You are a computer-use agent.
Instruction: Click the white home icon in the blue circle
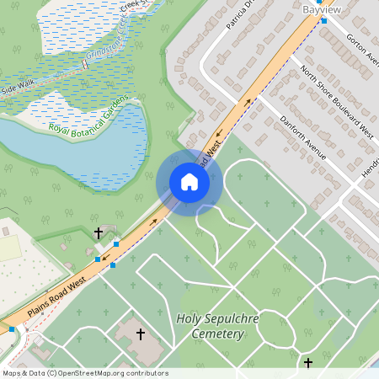point(189,182)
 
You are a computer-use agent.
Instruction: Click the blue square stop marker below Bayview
point(324,21)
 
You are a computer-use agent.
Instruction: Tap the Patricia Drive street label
point(239,14)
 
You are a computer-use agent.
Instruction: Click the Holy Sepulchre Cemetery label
point(210,326)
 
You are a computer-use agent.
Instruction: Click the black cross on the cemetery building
point(140,334)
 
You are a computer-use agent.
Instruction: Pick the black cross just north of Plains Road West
point(98,232)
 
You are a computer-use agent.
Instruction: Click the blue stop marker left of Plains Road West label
point(11,328)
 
